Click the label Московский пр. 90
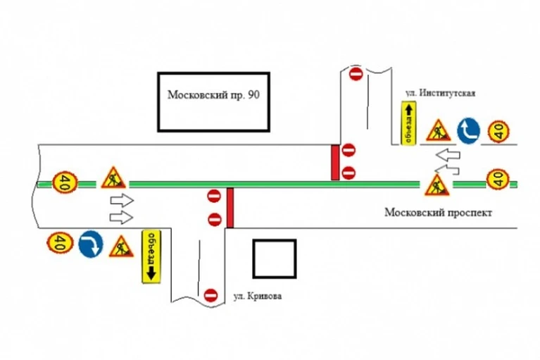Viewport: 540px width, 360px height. (x=213, y=94)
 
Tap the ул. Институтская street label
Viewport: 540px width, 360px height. (x=440, y=93)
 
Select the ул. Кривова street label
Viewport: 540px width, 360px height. (x=258, y=297)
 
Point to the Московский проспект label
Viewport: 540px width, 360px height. (x=438, y=212)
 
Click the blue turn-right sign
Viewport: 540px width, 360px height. (x=91, y=244)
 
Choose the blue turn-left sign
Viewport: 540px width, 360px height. (x=468, y=131)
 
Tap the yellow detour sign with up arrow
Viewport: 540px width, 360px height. (x=409, y=123)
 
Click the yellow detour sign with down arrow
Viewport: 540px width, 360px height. (x=151, y=256)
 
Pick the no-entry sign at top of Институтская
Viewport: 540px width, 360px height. (x=356, y=73)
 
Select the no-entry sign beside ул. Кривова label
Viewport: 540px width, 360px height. (x=211, y=296)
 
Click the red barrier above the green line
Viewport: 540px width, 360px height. (x=334, y=162)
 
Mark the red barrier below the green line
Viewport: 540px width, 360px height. (x=230, y=208)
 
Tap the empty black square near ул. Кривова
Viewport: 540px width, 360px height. (x=275, y=259)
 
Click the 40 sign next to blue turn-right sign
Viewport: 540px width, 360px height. (x=61, y=242)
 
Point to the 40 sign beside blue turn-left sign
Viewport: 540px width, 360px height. (x=498, y=131)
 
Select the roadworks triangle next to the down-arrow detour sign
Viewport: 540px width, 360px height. (x=121, y=247)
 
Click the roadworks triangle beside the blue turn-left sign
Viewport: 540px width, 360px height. (x=439, y=131)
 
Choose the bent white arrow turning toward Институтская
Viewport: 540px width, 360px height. (x=447, y=169)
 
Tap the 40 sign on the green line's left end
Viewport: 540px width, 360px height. (x=65, y=182)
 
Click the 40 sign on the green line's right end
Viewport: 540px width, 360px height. (x=498, y=179)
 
